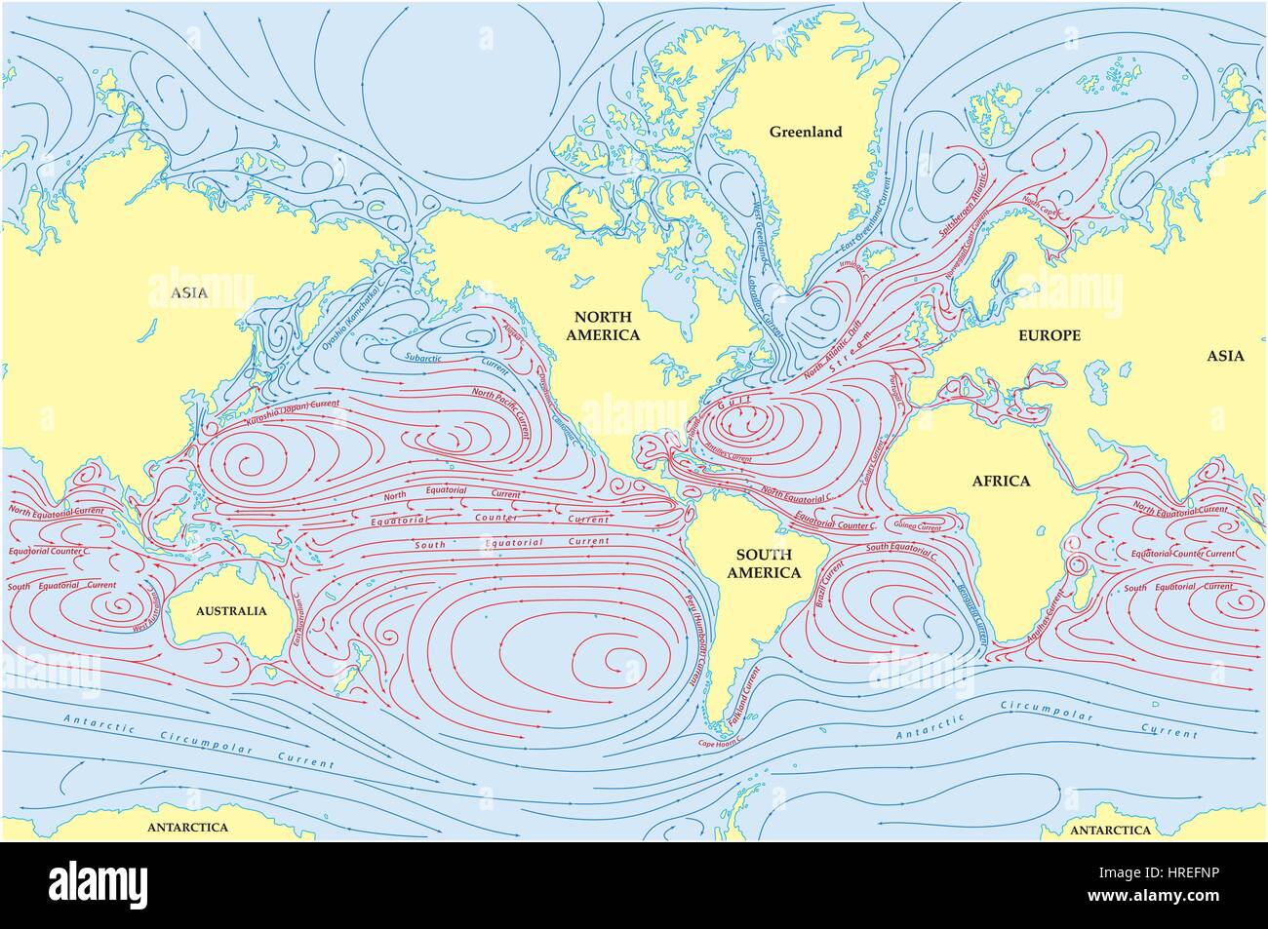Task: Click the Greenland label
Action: coord(805,132)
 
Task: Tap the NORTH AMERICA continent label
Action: coord(606,326)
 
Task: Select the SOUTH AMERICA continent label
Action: coord(765,562)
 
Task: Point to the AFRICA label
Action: coord(1001,481)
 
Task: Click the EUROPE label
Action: coord(1050,334)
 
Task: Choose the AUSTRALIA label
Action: coord(230,611)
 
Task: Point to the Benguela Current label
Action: coord(968,613)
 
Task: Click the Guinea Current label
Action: coord(917,524)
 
